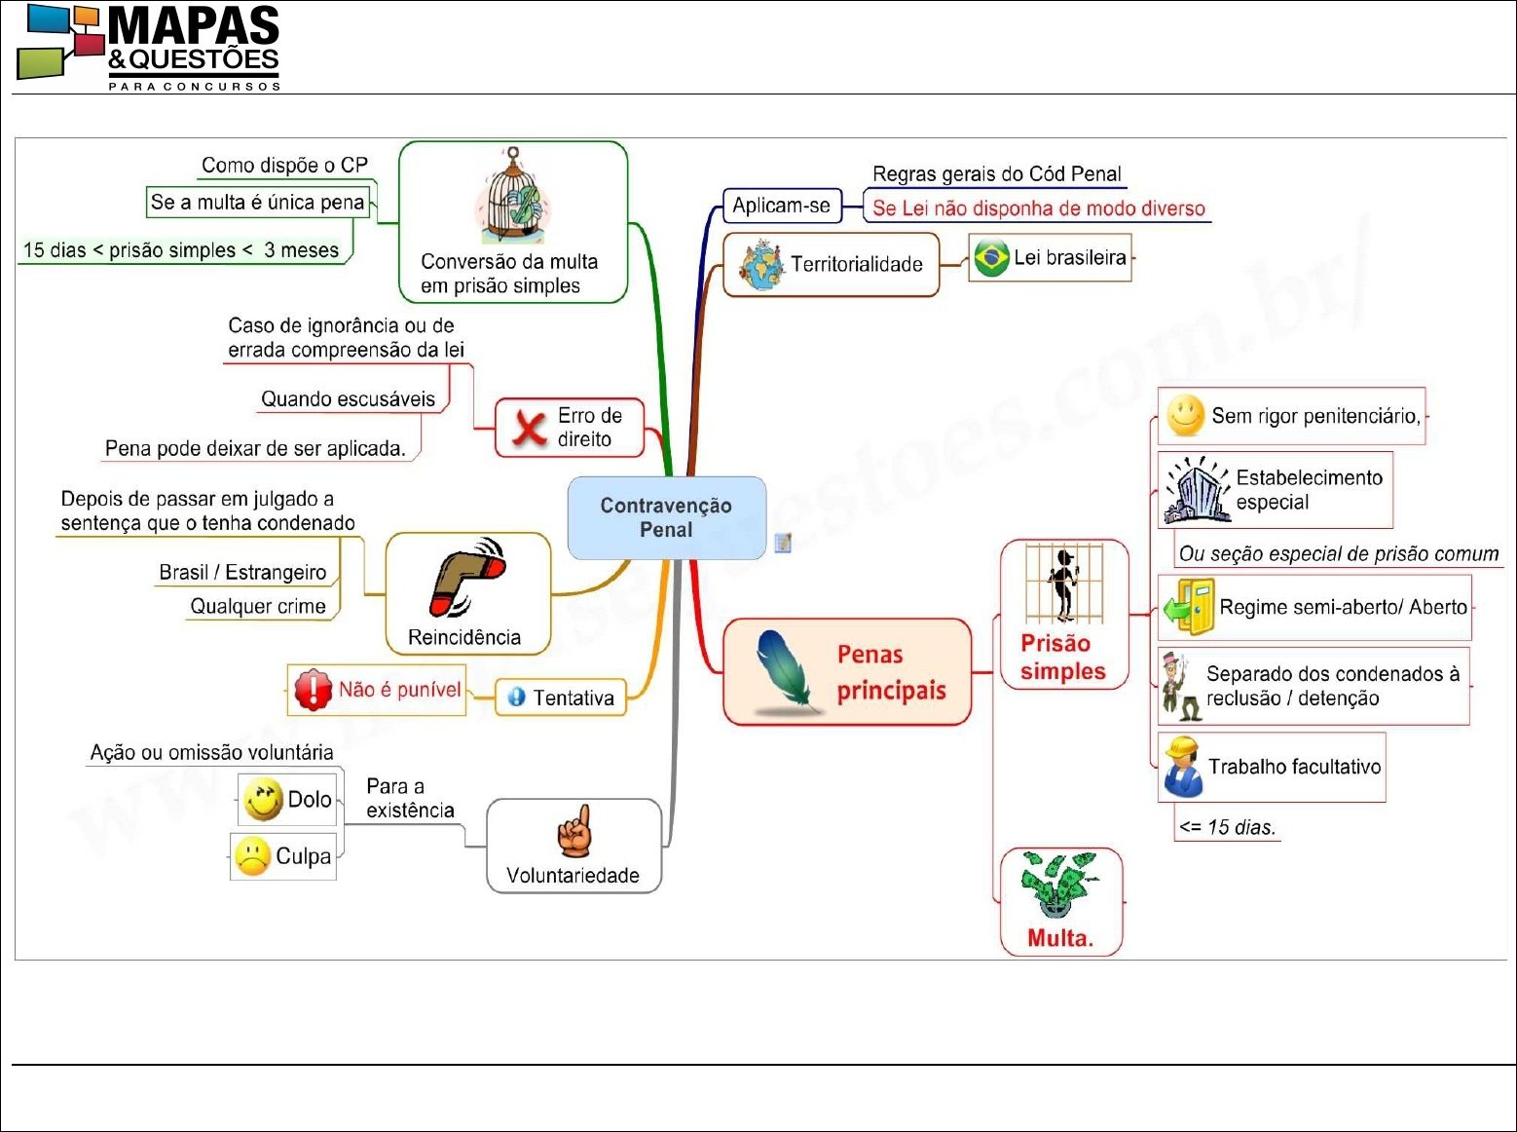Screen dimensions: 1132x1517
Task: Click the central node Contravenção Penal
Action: click(x=666, y=517)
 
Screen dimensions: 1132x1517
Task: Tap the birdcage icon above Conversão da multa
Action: click(x=512, y=198)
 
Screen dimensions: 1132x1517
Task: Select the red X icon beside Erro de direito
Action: click(x=529, y=428)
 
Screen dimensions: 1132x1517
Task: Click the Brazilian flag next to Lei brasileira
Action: click(x=991, y=258)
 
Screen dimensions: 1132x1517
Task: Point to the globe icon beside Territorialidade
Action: click(x=759, y=265)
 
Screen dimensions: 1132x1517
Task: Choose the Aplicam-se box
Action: click(x=781, y=206)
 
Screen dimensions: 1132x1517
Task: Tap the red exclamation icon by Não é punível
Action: click(x=313, y=690)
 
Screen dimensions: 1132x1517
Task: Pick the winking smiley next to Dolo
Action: click(x=263, y=799)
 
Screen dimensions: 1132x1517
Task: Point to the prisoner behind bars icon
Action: click(x=1063, y=584)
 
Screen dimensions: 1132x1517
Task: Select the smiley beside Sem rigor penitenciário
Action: click(x=1185, y=416)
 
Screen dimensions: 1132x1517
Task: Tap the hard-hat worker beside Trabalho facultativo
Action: click(x=1183, y=767)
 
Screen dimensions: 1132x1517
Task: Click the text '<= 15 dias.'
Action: click(x=1226, y=827)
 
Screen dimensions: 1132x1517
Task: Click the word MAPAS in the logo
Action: click(x=194, y=26)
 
